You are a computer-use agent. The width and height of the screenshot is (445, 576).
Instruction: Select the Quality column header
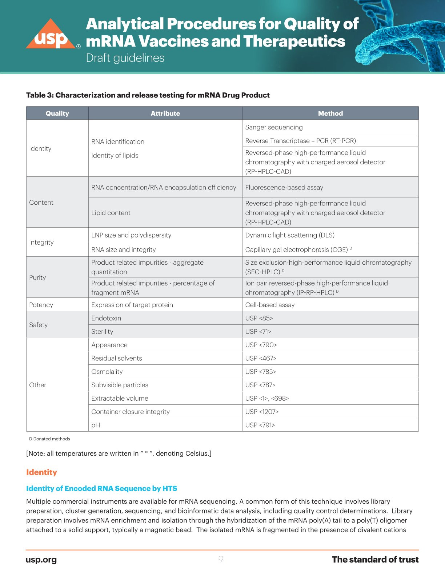57,113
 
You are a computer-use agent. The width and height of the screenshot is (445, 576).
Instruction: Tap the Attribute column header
165,113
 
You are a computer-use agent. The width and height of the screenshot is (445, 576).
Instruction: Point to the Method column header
330,113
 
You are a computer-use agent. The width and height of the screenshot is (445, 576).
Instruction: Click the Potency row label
41,305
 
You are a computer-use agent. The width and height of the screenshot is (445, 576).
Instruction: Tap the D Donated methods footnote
49,439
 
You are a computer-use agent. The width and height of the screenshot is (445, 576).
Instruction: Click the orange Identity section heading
41,472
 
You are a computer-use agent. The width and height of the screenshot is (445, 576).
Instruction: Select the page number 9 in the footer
221,559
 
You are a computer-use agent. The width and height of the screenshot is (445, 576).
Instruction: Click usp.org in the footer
41,560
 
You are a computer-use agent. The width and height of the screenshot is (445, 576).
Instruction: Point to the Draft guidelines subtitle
125,58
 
